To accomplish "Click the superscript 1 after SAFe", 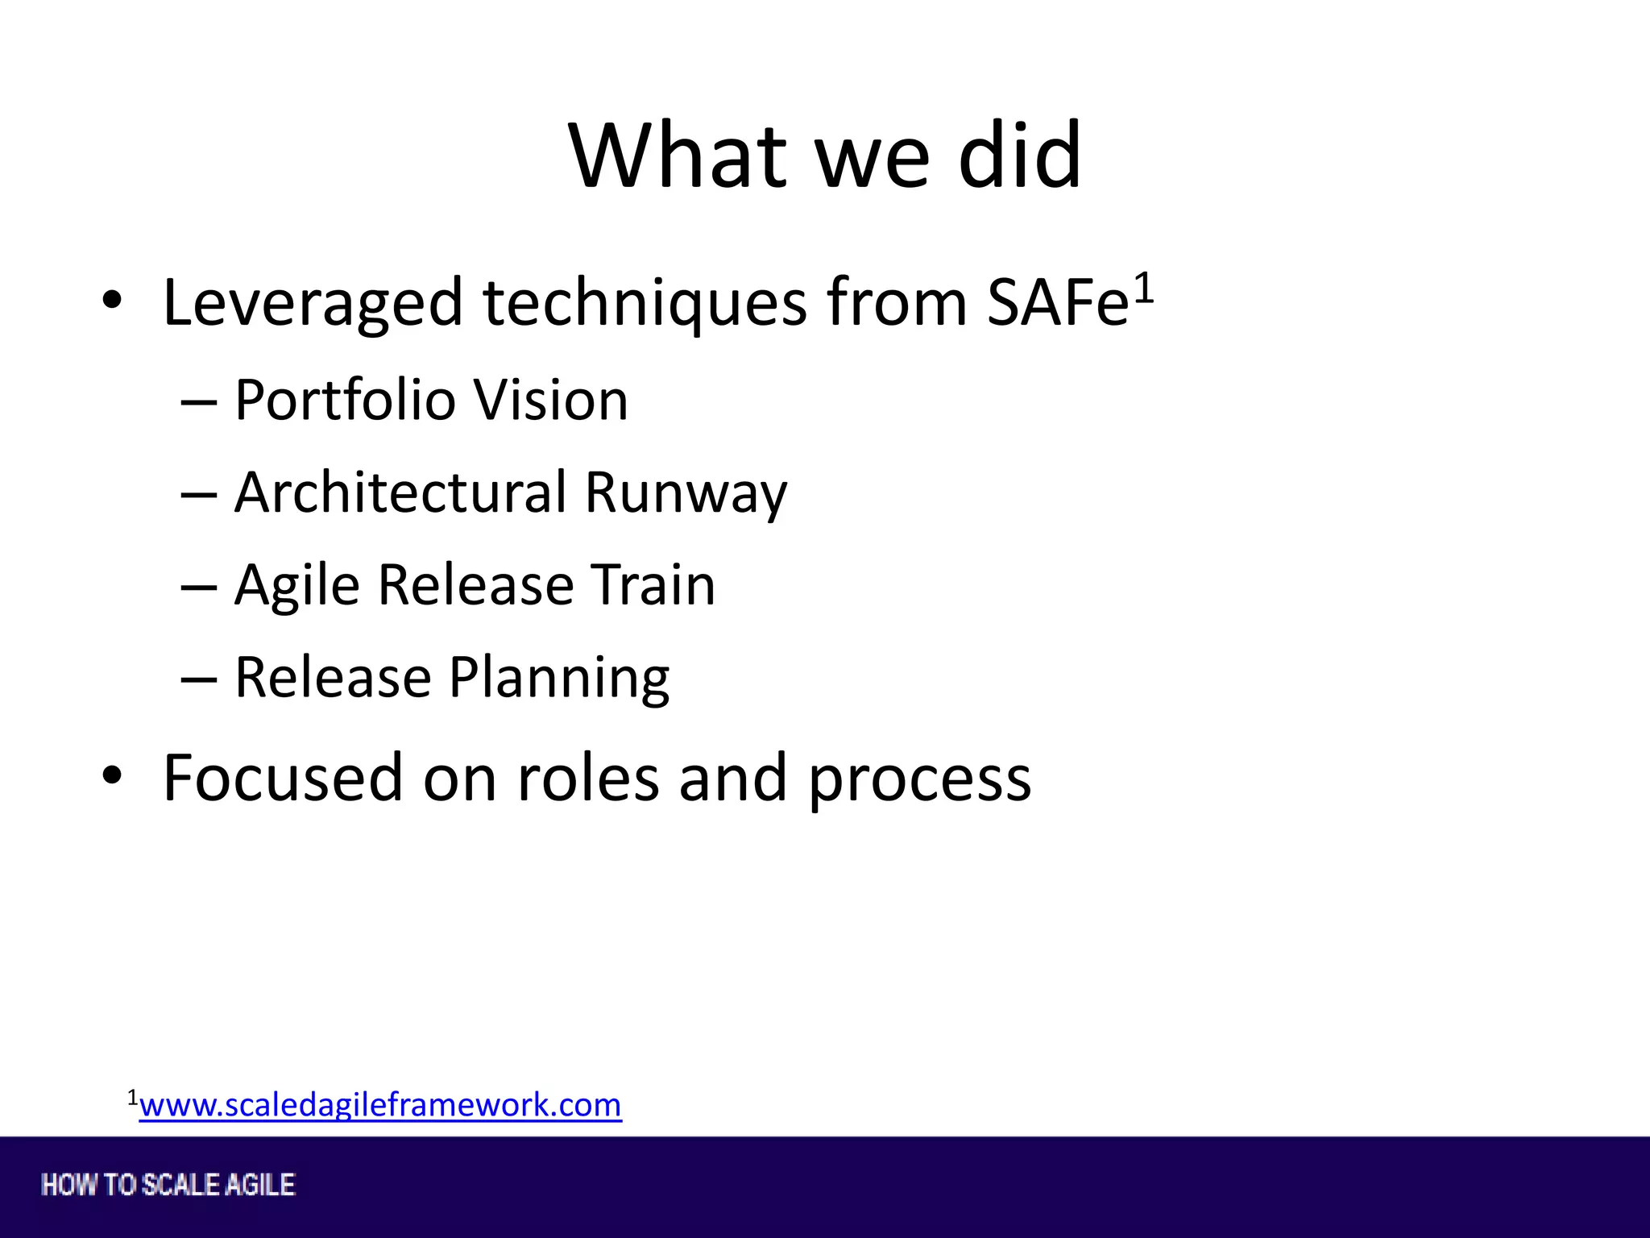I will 1144,288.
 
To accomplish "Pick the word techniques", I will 645,304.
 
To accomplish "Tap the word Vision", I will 550,400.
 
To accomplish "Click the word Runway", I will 686,493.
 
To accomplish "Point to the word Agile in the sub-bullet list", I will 296,586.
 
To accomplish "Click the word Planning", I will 559,679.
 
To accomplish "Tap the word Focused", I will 283,777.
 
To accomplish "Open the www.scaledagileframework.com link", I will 380,1105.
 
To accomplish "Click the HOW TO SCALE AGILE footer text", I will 168,1185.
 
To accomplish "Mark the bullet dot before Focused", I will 112,775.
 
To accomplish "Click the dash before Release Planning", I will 199,679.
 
